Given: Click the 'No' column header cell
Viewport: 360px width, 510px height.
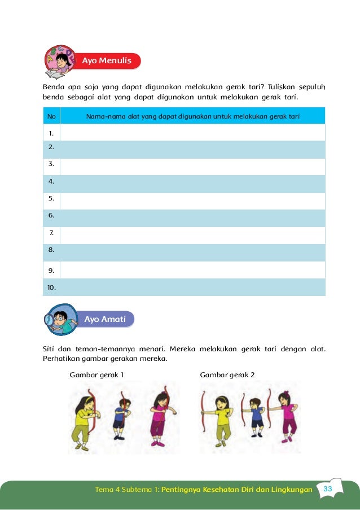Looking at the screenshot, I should pyautogui.click(x=51, y=116).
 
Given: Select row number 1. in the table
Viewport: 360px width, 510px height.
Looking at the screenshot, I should pyautogui.click(x=51, y=133).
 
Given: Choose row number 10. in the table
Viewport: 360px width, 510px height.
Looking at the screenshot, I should pyautogui.click(x=52, y=287).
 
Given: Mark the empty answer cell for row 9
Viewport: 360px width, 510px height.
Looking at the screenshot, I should pyautogui.click(x=192, y=270).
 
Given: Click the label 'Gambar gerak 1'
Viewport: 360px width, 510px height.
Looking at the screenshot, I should pyautogui.click(x=96, y=374).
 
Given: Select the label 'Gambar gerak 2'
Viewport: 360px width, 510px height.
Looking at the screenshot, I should pyautogui.click(x=227, y=374).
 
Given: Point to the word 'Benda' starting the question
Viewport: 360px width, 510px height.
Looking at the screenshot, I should pyautogui.click(x=54, y=88).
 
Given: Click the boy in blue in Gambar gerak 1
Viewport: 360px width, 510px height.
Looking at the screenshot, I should pyautogui.click(x=122, y=418).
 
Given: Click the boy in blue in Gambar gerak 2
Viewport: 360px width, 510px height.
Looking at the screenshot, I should pyautogui.click(x=257, y=418).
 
